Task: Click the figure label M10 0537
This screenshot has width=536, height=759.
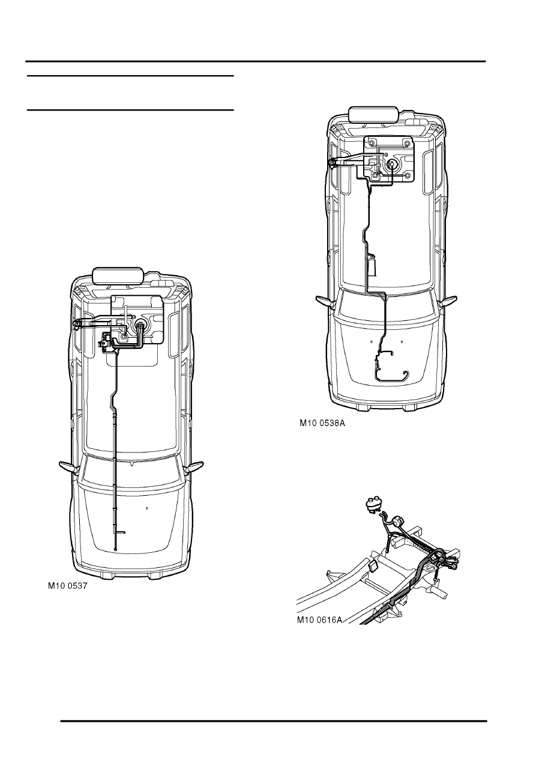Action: (x=67, y=586)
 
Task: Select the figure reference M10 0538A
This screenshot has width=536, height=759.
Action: (x=322, y=423)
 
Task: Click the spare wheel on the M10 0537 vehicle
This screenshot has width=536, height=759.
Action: (x=118, y=275)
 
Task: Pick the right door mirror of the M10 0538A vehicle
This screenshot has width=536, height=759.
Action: (x=449, y=301)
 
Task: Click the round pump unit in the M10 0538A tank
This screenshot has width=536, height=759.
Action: (x=392, y=164)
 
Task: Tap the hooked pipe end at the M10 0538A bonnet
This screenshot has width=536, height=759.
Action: (x=406, y=376)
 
